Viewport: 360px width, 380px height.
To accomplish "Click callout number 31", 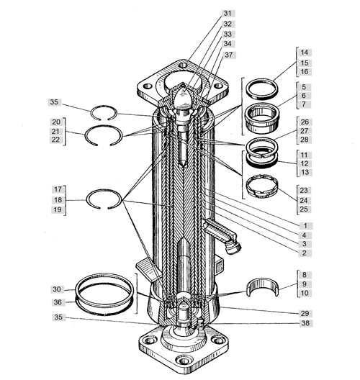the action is click(x=228, y=13).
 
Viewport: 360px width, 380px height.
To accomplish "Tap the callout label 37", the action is click(x=229, y=55).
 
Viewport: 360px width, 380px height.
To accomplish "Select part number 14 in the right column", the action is click(x=305, y=53).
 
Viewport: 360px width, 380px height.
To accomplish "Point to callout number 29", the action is click(x=305, y=313).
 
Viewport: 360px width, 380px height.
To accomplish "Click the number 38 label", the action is click(x=305, y=323).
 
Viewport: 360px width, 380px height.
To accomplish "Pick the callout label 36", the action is click(x=58, y=302).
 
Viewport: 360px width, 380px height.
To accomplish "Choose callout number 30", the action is click(x=57, y=289).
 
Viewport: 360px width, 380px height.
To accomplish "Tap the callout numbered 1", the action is click(x=305, y=226).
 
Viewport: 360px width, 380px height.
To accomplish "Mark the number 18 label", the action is click(x=58, y=200).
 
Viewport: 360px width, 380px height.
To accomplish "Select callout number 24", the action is click(x=304, y=200).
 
